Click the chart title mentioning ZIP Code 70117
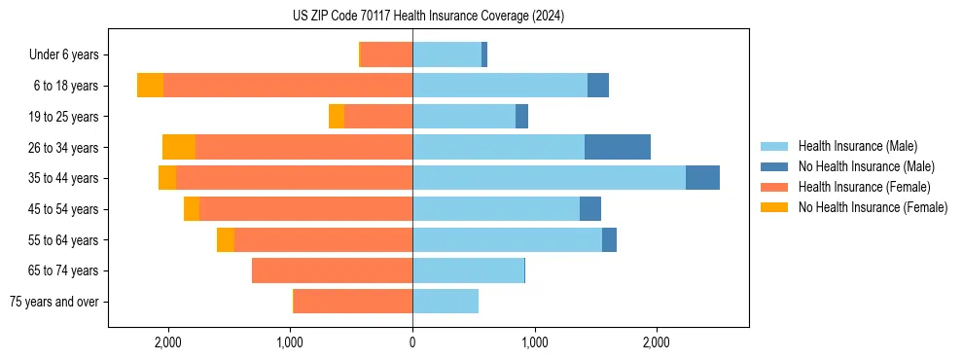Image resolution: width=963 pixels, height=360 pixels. tap(428, 17)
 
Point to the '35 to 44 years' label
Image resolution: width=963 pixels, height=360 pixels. tap(64, 178)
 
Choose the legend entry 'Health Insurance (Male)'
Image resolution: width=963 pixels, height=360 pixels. tap(857, 146)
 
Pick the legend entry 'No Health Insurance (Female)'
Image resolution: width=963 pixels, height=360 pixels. tap(873, 207)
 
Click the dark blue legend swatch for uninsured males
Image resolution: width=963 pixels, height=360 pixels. tap(775, 166)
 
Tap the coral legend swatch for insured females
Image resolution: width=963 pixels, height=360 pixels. tap(775, 187)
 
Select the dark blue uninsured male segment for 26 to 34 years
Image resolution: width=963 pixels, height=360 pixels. tap(617, 147)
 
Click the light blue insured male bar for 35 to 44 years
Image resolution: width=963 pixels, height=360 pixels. tap(549, 178)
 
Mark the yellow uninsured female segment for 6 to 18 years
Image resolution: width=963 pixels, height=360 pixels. tap(150, 86)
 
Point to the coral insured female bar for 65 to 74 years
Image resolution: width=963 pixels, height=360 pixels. tap(332, 270)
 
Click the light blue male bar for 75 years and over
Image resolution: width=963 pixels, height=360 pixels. tap(446, 302)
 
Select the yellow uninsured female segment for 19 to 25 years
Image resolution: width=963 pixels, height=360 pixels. tap(337, 117)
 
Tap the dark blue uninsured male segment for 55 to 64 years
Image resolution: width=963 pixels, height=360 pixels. tap(609, 239)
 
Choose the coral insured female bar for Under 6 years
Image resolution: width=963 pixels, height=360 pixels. tap(386, 54)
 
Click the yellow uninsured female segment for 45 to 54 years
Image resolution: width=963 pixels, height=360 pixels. tap(192, 209)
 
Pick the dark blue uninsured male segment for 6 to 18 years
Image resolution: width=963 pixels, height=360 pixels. tap(598, 86)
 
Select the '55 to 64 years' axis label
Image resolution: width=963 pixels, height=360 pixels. tap(64, 239)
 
